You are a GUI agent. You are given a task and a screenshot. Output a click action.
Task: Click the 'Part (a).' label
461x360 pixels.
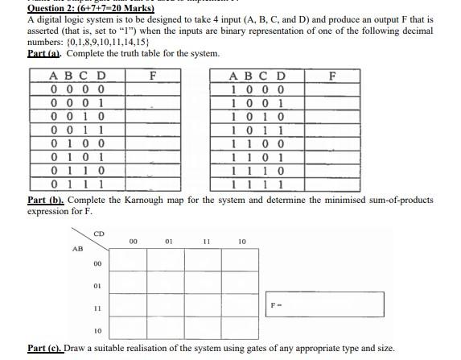(46, 53)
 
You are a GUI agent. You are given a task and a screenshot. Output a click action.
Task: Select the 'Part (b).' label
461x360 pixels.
(47, 200)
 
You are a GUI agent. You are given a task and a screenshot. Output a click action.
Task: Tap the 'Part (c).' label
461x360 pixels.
(47, 349)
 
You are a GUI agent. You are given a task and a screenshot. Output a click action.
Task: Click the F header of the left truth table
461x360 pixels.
(153, 76)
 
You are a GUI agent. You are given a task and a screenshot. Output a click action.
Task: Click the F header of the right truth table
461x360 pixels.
(332, 76)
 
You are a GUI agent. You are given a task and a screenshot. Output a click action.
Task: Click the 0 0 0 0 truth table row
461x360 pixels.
(77, 89)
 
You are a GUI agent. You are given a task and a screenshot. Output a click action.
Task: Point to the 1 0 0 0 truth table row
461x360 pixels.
(257, 89)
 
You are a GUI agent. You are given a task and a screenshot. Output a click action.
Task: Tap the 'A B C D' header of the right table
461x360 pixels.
(257, 77)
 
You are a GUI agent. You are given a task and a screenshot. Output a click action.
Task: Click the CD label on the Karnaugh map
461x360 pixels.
(99, 234)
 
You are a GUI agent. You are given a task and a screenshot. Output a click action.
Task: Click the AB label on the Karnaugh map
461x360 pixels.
(77, 248)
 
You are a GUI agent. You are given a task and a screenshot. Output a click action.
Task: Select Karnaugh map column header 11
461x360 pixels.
(207, 241)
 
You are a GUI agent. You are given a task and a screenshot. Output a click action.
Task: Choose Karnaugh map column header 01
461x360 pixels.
(168, 241)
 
